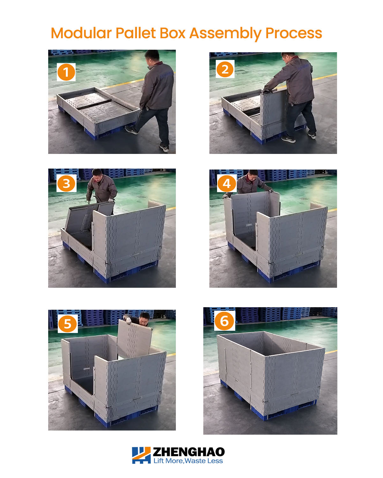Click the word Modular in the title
[81, 33]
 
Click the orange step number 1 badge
[66, 72]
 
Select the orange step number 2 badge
[225, 69]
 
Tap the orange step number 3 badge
[66, 184]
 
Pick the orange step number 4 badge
[227, 184]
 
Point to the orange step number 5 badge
[67, 324]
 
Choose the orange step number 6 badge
[225, 321]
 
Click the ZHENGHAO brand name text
[189, 452]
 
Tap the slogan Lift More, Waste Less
[188, 461]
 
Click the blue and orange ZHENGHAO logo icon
[141, 455]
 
